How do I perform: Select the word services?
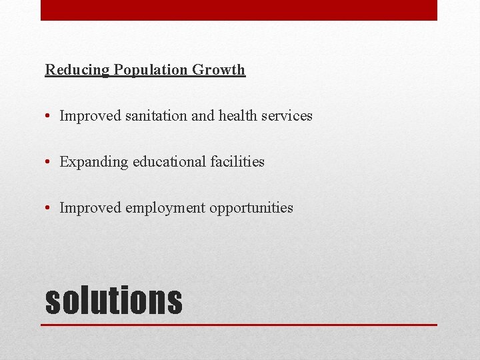coord(287,116)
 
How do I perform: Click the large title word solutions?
coord(113,300)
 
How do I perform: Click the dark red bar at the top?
coord(239,10)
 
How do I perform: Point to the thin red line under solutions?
coord(239,325)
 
